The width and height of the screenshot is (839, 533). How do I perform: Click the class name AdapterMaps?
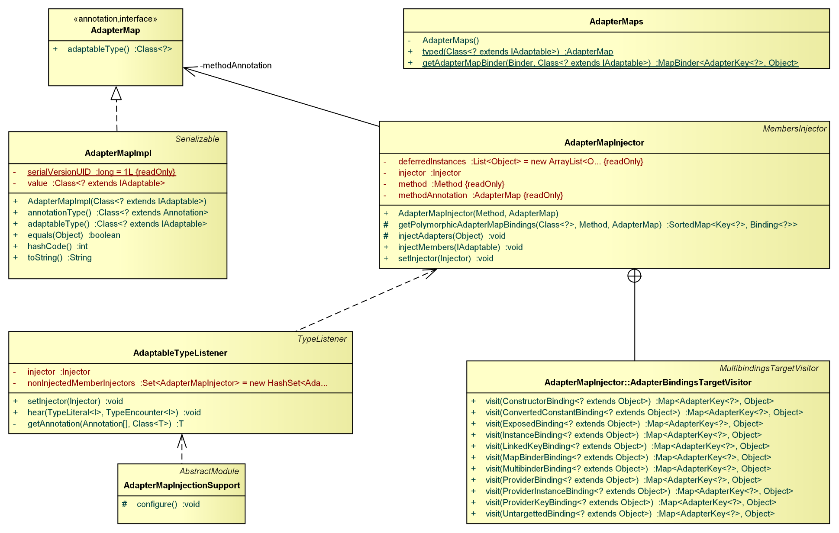pyautogui.click(x=616, y=22)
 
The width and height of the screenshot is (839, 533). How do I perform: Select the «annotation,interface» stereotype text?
pyautogui.click(x=115, y=19)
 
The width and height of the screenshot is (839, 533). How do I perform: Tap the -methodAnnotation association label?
pyautogui.click(x=236, y=65)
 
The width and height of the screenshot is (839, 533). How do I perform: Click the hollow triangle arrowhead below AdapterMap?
pyautogui.click(x=116, y=93)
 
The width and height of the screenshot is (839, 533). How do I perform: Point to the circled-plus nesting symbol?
pyautogui.click(x=634, y=276)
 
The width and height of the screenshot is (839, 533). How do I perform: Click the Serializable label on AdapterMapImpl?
pyautogui.click(x=197, y=139)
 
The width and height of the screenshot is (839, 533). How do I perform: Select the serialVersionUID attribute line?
pyautogui.click(x=101, y=172)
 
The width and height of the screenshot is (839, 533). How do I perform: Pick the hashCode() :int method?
pyautogui.click(x=58, y=246)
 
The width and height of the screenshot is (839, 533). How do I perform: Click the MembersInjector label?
pyautogui.click(x=794, y=128)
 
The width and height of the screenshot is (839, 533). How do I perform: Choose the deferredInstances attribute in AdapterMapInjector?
pyautogui.click(x=520, y=161)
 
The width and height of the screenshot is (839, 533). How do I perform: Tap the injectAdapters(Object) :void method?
pyautogui.click(x=452, y=236)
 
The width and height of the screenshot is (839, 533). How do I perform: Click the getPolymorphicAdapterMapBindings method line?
pyautogui.click(x=597, y=225)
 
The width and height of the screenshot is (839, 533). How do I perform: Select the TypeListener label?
pyautogui.click(x=322, y=339)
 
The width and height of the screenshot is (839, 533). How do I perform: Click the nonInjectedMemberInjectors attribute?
pyautogui.click(x=177, y=383)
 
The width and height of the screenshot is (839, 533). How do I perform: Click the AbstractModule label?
pyautogui.click(x=209, y=471)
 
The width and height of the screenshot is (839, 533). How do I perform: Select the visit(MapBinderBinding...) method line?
pyautogui.click(x=628, y=457)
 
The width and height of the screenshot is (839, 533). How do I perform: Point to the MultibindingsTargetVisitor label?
pyautogui.click(x=769, y=368)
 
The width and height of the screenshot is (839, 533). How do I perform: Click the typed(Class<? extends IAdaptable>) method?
pyautogui.click(x=517, y=51)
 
